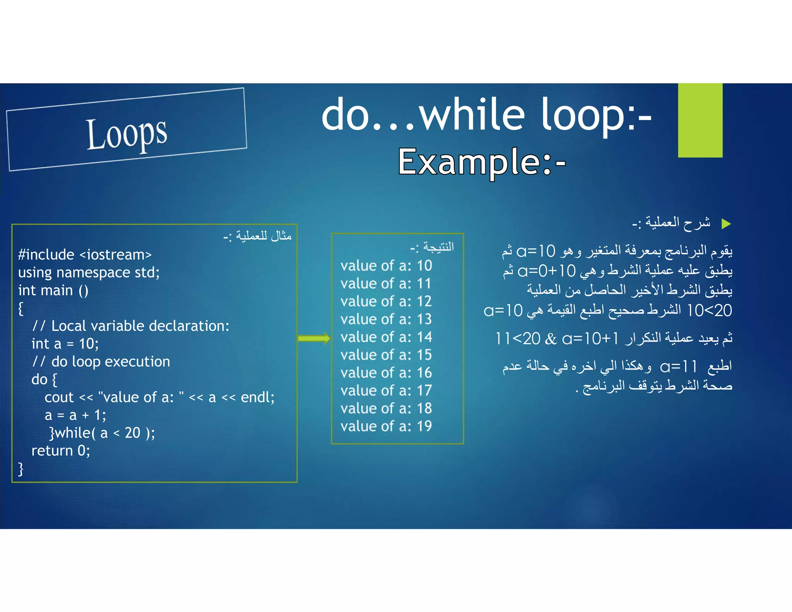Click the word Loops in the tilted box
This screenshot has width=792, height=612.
coord(126,133)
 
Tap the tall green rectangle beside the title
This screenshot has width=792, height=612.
coord(700,120)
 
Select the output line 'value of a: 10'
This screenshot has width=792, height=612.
coord(386,266)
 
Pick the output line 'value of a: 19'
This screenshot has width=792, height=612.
coord(386,426)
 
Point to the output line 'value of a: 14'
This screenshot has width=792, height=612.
coord(386,337)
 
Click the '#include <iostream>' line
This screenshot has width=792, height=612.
coord(85,255)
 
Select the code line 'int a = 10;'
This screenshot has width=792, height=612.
coord(65,344)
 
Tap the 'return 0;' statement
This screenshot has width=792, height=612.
coord(61,451)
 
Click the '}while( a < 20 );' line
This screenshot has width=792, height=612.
coord(102,433)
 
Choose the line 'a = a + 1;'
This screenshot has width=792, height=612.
coord(75,415)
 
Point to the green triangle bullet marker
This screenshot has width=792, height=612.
coord(726,224)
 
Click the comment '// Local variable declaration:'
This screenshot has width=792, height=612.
coord(131,326)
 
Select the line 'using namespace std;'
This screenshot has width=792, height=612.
coord(89,273)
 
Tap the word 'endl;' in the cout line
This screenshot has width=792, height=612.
coord(258,397)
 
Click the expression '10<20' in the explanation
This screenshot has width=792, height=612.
coord(710,310)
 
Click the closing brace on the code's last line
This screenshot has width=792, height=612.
coord(21,468)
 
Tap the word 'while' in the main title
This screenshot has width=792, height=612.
coord(473,115)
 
